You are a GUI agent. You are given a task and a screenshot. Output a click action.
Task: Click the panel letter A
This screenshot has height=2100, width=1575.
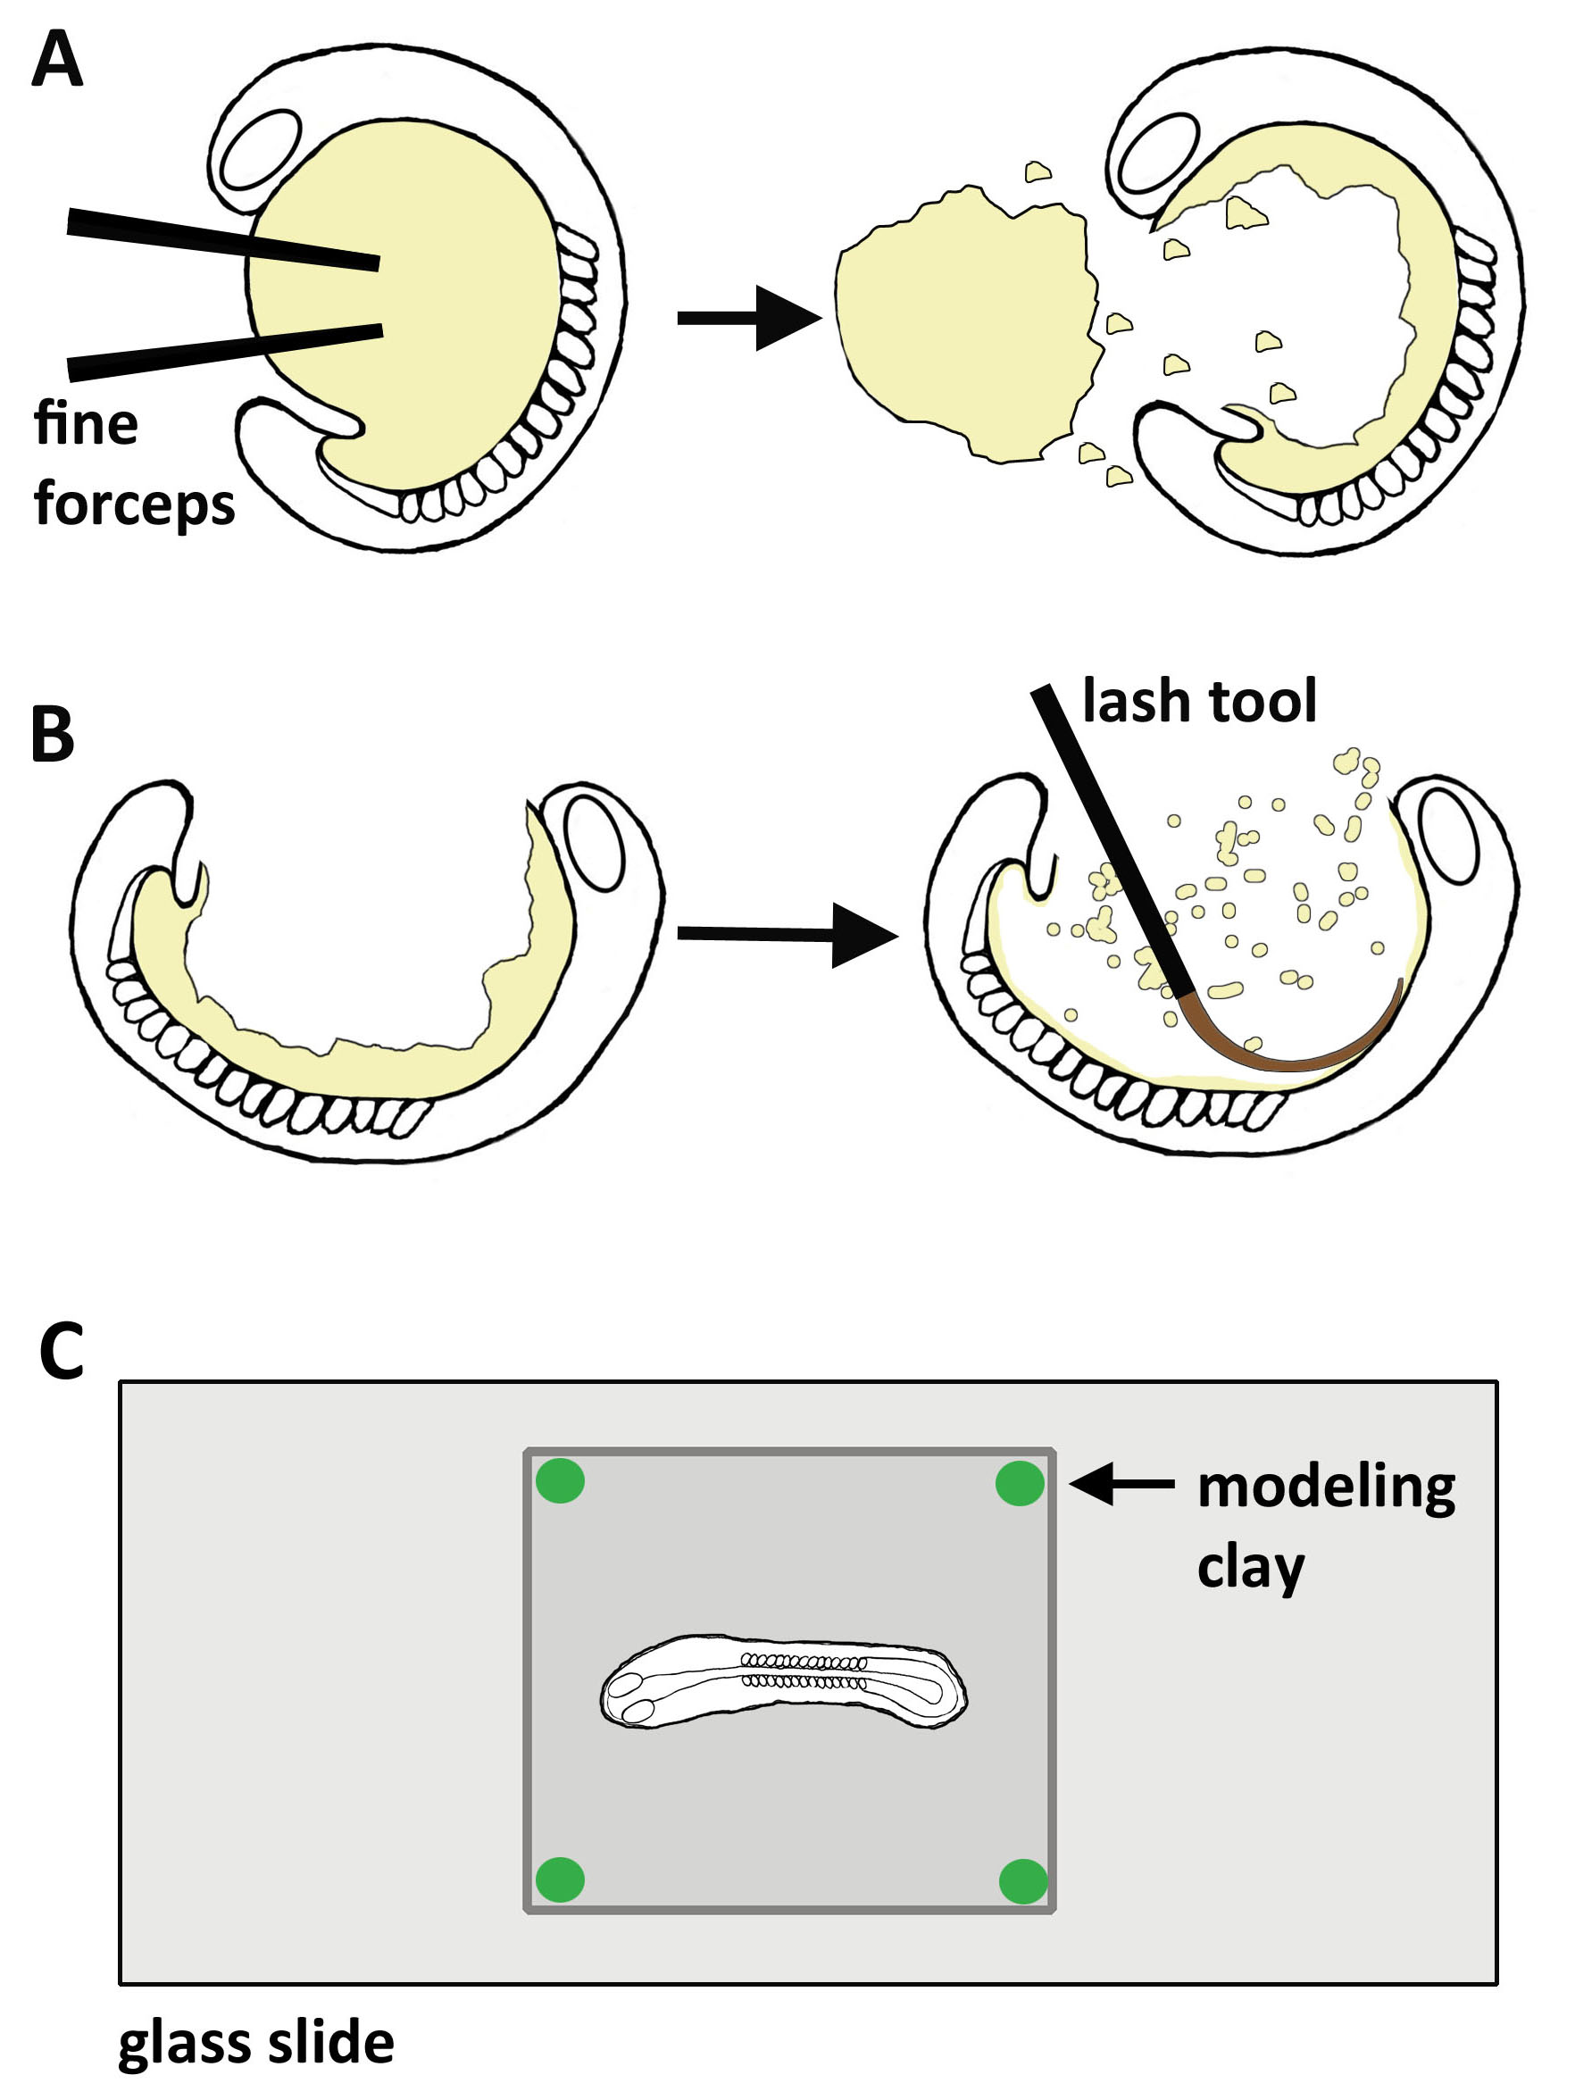(56, 60)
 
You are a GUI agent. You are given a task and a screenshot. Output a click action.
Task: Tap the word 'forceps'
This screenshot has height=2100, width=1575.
(134, 505)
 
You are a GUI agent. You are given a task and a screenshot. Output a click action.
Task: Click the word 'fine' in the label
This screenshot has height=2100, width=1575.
(86, 423)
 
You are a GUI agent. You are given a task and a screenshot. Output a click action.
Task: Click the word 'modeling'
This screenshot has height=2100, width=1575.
(1325, 1487)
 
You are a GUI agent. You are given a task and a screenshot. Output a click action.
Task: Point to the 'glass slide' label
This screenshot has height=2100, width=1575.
(255, 2042)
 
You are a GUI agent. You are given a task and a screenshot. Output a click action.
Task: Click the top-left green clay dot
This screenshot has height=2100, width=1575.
(560, 1481)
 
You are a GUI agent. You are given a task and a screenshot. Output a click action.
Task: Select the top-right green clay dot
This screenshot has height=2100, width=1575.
(1020, 1483)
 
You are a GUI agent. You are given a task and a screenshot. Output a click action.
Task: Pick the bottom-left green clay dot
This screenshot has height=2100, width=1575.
(560, 1879)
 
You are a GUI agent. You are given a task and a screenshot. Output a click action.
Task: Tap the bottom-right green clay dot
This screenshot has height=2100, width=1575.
(1022, 1881)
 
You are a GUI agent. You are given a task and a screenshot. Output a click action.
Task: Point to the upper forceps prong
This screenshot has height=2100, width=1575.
(223, 238)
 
